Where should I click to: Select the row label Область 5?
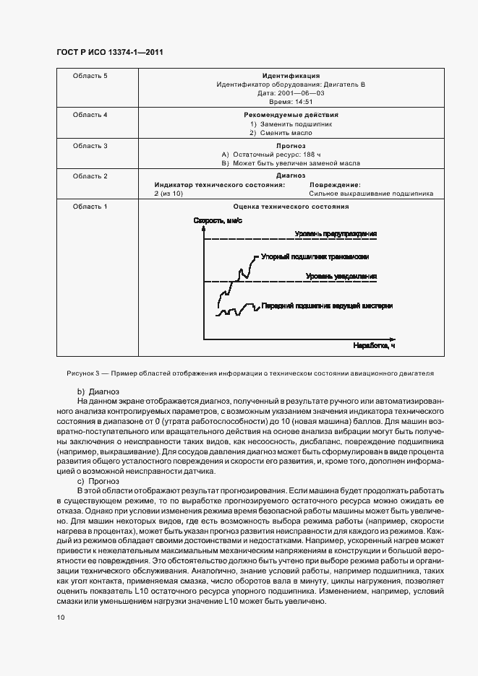pos(90,76)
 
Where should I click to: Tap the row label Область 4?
pos(90,115)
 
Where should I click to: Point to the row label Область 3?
pos(90,146)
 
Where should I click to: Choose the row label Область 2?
pos(90,176)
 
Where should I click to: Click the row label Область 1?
pos(90,207)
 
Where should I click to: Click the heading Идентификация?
pos(291,76)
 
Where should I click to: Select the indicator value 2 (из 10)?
pos(168,194)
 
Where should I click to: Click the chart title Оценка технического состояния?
pos(291,207)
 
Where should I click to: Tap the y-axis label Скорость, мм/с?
pos(218,221)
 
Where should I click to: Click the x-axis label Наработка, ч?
pos(374,346)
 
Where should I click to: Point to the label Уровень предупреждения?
pos(336,234)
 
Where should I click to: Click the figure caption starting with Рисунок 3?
pos(249,375)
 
